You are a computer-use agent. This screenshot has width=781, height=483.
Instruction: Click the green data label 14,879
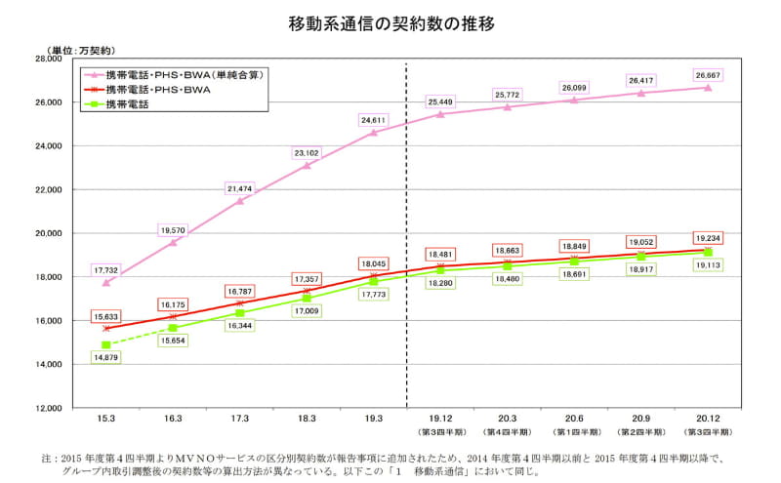[x=106, y=358]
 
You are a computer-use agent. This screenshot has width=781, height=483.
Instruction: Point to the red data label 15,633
[x=106, y=315]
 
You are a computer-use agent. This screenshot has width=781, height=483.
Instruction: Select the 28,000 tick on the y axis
[x=48, y=59]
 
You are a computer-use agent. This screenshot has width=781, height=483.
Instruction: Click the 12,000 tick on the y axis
[x=48, y=408]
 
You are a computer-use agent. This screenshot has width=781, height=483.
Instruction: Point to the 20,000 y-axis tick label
[x=48, y=233]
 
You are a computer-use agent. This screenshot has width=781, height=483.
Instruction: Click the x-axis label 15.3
[x=106, y=418]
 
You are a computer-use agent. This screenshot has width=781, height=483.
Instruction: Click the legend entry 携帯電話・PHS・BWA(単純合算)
[x=185, y=74]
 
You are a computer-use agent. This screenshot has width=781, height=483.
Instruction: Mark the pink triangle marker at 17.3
[x=240, y=201]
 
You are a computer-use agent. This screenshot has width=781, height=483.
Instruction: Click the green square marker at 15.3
[x=106, y=344]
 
